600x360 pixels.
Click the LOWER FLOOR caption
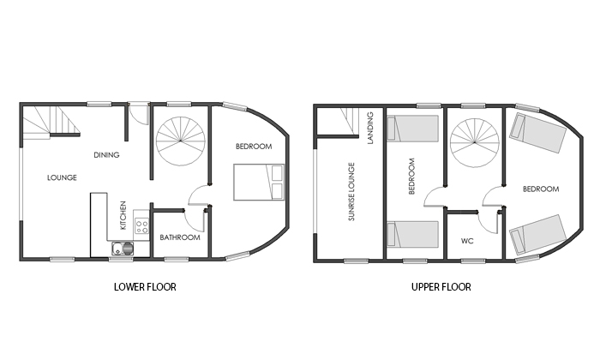pyautogui.click(x=145, y=287)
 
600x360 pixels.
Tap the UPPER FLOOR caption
pyautogui.click(x=441, y=287)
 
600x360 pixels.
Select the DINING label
pyautogui.click(x=106, y=155)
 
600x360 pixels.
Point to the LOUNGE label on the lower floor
pyautogui.click(x=62, y=177)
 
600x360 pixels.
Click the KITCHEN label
pyautogui.click(x=123, y=215)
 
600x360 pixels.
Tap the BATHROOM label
pyautogui.click(x=180, y=237)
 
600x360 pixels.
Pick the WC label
pyautogui.click(x=467, y=241)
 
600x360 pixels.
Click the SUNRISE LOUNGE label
pyautogui.click(x=351, y=192)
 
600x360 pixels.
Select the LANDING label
pyautogui.click(x=370, y=128)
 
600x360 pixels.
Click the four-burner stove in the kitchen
pyautogui.click(x=141, y=225)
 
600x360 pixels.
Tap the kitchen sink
pyautogui.click(x=123, y=249)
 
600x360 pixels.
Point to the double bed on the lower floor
pyautogui.click(x=259, y=182)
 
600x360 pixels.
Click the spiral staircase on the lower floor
pyautogui.click(x=180, y=141)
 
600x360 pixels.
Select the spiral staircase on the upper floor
pyautogui.click(x=475, y=143)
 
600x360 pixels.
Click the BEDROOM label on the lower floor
pyautogui.click(x=254, y=147)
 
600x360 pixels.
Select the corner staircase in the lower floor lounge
pyautogui.click(x=51, y=121)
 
